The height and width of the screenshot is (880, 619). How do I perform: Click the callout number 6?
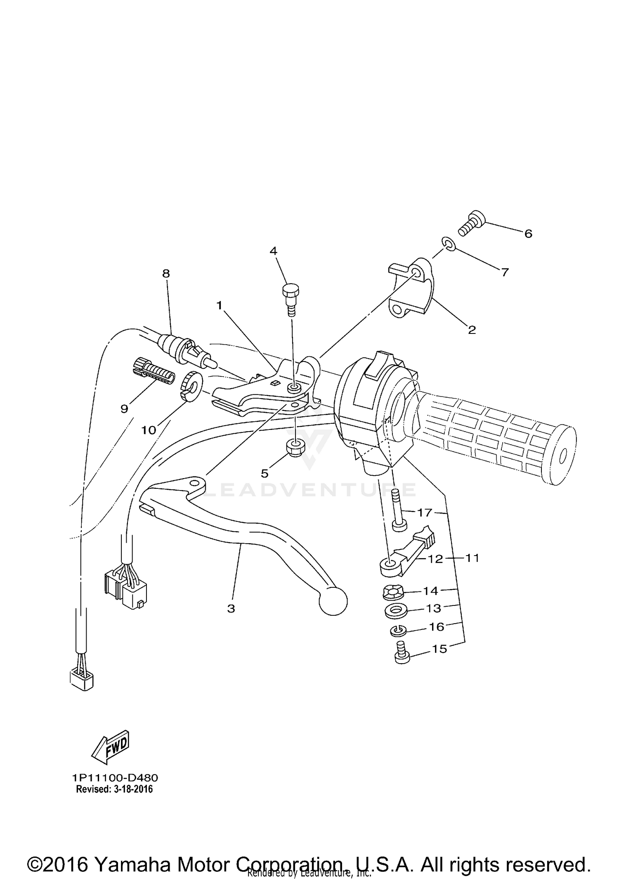(528, 234)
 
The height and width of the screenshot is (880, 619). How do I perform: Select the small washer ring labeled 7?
(449, 244)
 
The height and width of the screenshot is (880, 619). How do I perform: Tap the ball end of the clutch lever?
(333, 601)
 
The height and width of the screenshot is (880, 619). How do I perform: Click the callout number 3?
(231, 608)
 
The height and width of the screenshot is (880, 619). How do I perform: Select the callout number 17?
(424, 513)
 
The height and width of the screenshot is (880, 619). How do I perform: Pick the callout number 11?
(472, 558)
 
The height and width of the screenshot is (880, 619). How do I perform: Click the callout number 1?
(220, 305)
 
